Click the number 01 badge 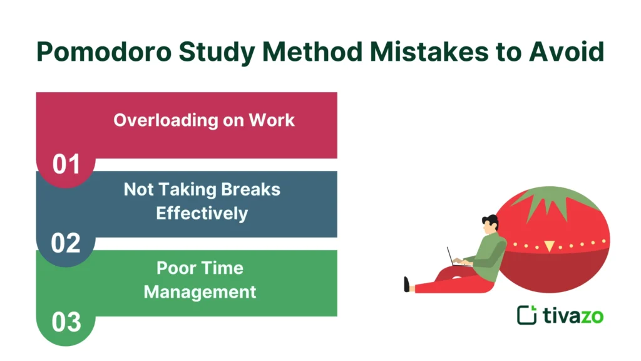point(66,164)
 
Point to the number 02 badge point(66,243)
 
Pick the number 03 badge point(66,322)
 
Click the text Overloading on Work point(204,120)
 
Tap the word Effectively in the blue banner point(202,213)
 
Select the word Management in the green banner point(200,291)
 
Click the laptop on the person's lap point(456,258)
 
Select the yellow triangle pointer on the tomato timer point(549,246)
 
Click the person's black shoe point(407,285)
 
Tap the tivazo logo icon point(526,315)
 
